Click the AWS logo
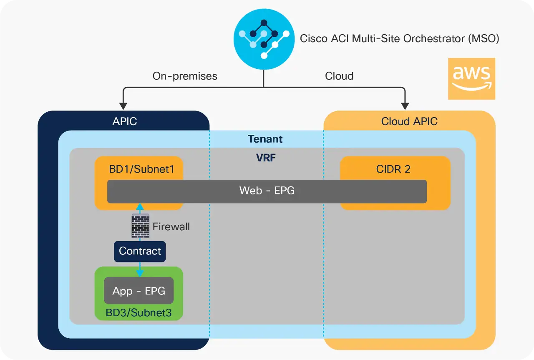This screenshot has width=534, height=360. point(471,79)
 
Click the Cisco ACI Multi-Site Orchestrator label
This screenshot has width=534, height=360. point(399,39)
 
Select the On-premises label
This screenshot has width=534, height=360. point(185,76)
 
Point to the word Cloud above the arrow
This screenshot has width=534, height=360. point(339,76)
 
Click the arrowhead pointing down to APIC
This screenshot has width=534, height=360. point(123,105)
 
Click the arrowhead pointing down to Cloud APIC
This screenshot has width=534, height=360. point(404,105)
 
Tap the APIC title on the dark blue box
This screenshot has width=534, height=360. point(124,121)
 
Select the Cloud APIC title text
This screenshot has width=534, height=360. point(409,121)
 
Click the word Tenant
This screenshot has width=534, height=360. point(265,139)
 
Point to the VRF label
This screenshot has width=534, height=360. point(266,158)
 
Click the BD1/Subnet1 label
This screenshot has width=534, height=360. point(139,169)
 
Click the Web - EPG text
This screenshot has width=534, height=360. point(267,191)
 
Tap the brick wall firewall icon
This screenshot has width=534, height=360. point(140,226)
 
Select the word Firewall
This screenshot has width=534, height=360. point(171,227)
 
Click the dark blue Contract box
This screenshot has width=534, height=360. point(140,251)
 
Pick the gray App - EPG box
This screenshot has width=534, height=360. point(139,291)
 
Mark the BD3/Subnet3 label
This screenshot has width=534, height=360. point(139,313)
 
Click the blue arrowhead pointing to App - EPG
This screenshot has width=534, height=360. point(140,273)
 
